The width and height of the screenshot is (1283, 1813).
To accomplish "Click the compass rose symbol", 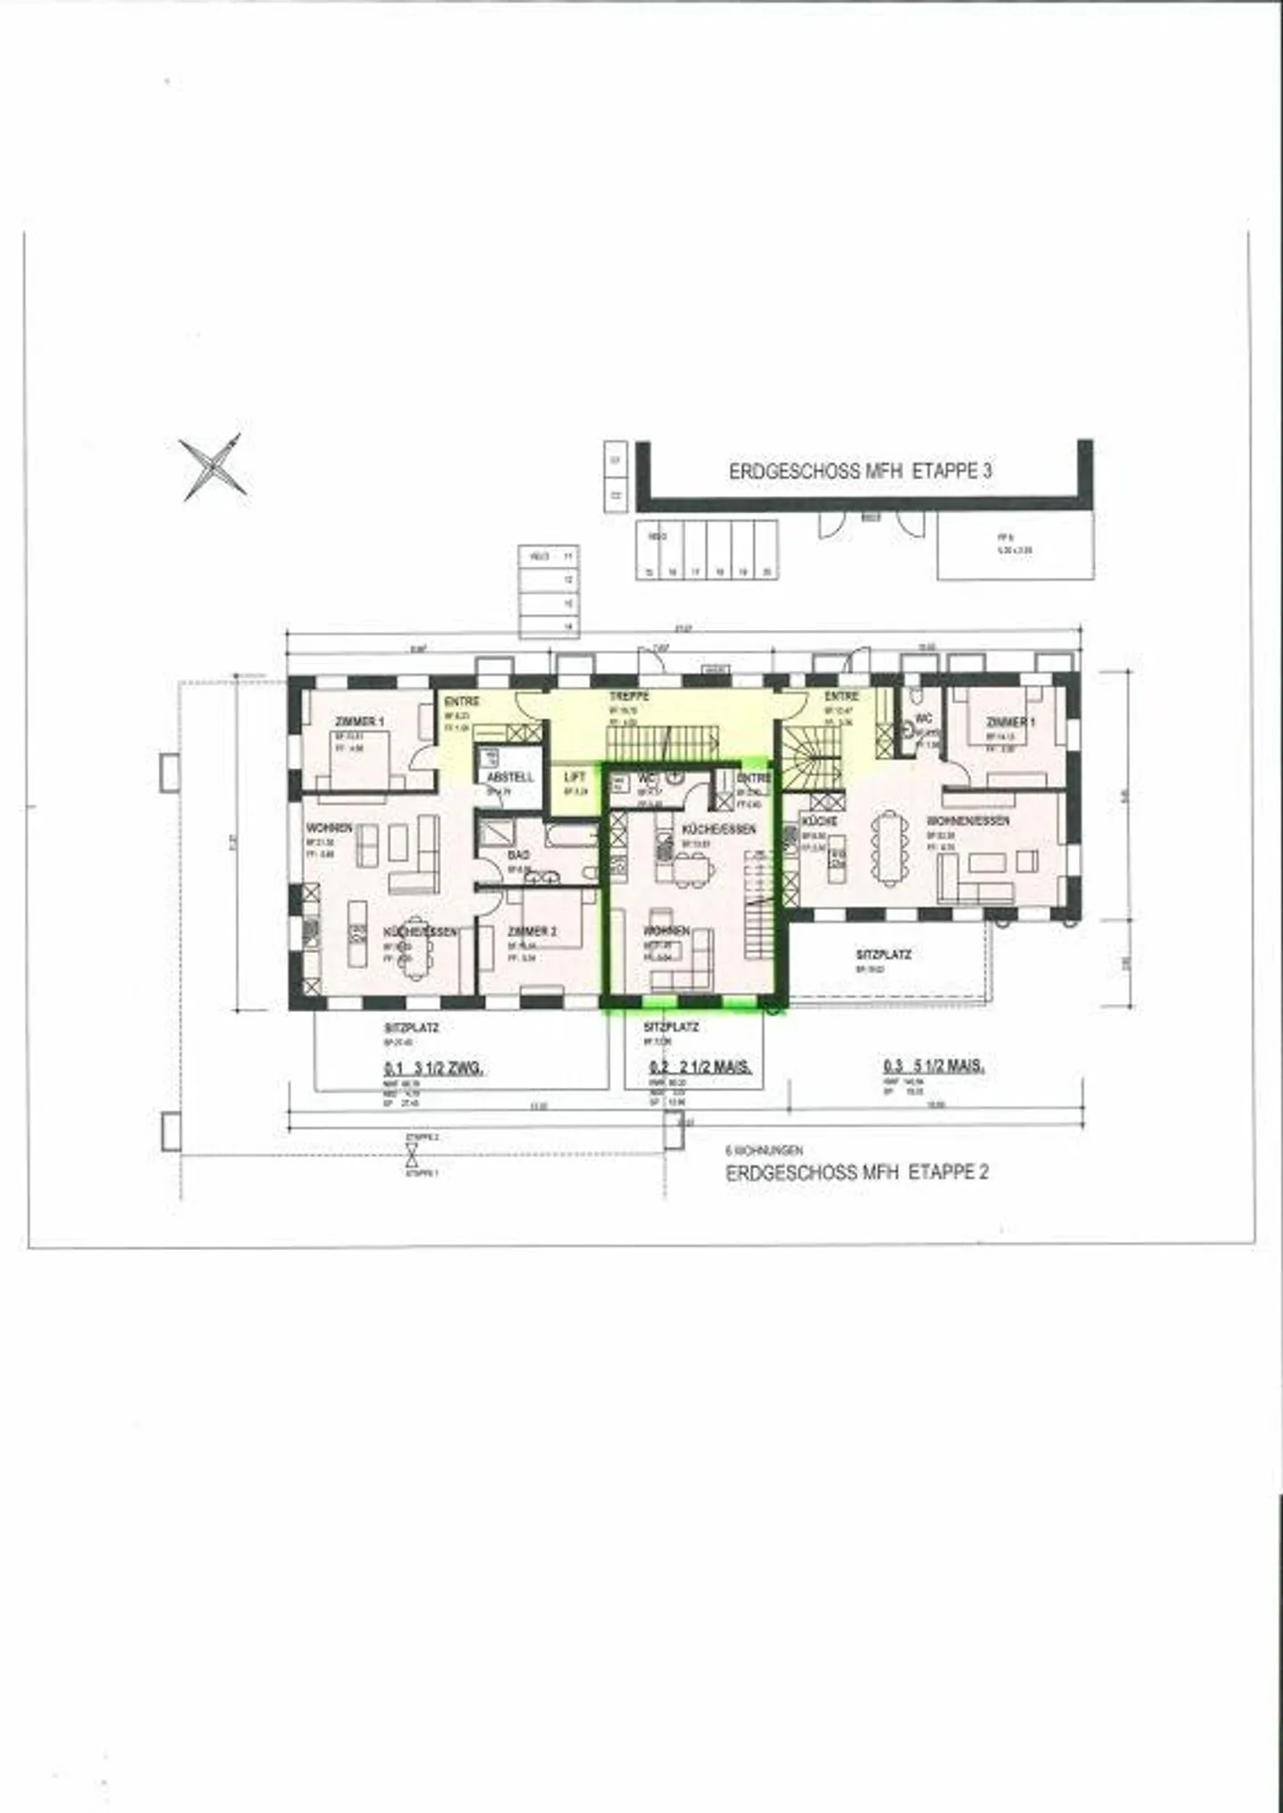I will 214,467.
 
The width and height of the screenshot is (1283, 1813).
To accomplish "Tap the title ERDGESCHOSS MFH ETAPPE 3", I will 860,471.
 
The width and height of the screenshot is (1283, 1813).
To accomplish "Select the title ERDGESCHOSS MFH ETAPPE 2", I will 857,1172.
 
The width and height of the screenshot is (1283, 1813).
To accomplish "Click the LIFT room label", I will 575,778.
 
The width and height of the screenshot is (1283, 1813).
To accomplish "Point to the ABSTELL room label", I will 510,777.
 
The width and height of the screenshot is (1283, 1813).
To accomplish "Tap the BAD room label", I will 518,854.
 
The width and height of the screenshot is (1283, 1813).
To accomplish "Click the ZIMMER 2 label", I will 532,931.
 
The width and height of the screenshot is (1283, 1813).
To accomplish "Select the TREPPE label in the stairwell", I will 629,696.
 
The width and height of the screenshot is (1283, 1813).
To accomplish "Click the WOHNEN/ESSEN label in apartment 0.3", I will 968,821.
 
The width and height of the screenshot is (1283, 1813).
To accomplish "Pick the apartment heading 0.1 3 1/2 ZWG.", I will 434,1068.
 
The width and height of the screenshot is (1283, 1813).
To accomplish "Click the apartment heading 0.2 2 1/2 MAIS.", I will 700,1066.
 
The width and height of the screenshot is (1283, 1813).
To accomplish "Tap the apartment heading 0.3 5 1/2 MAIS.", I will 934,1066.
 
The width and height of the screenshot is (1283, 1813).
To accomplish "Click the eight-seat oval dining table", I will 891,848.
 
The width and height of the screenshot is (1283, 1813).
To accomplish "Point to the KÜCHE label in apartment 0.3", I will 818,821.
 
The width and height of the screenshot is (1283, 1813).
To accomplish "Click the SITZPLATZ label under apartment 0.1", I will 411,1027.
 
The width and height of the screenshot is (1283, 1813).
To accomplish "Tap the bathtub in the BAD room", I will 570,837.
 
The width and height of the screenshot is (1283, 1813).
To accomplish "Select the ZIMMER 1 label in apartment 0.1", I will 359,721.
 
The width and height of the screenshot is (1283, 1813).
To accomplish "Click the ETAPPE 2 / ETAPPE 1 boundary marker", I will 412,1156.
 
